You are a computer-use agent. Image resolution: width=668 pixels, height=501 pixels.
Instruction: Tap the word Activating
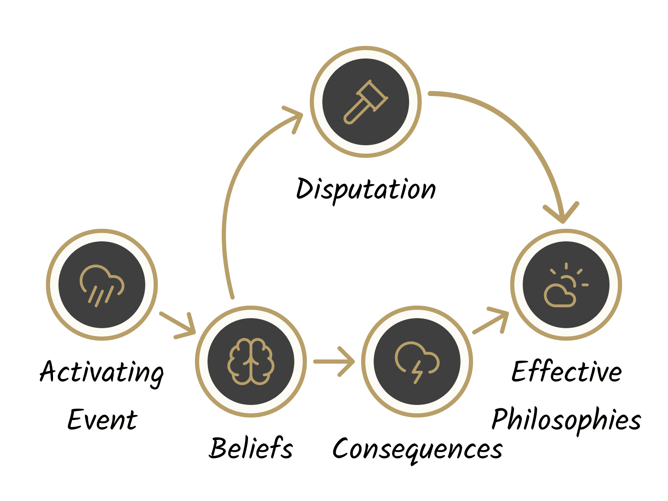pyautogui.click(x=102, y=372)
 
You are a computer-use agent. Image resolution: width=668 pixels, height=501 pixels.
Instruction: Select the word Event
pyautogui.click(x=102, y=420)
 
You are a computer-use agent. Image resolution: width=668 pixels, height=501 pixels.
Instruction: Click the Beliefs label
pyautogui.click(x=251, y=448)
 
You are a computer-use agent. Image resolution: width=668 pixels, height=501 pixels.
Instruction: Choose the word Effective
pyautogui.click(x=567, y=371)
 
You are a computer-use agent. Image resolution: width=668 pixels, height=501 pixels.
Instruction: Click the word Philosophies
pyautogui.click(x=567, y=420)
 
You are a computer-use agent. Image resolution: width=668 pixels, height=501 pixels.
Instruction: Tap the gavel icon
pyautogui.click(x=366, y=102)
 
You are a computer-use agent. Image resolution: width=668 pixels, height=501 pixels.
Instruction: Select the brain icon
pyautogui.click(x=251, y=362)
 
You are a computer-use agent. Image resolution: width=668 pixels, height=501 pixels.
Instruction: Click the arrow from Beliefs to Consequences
pyautogui.click(x=334, y=362)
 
